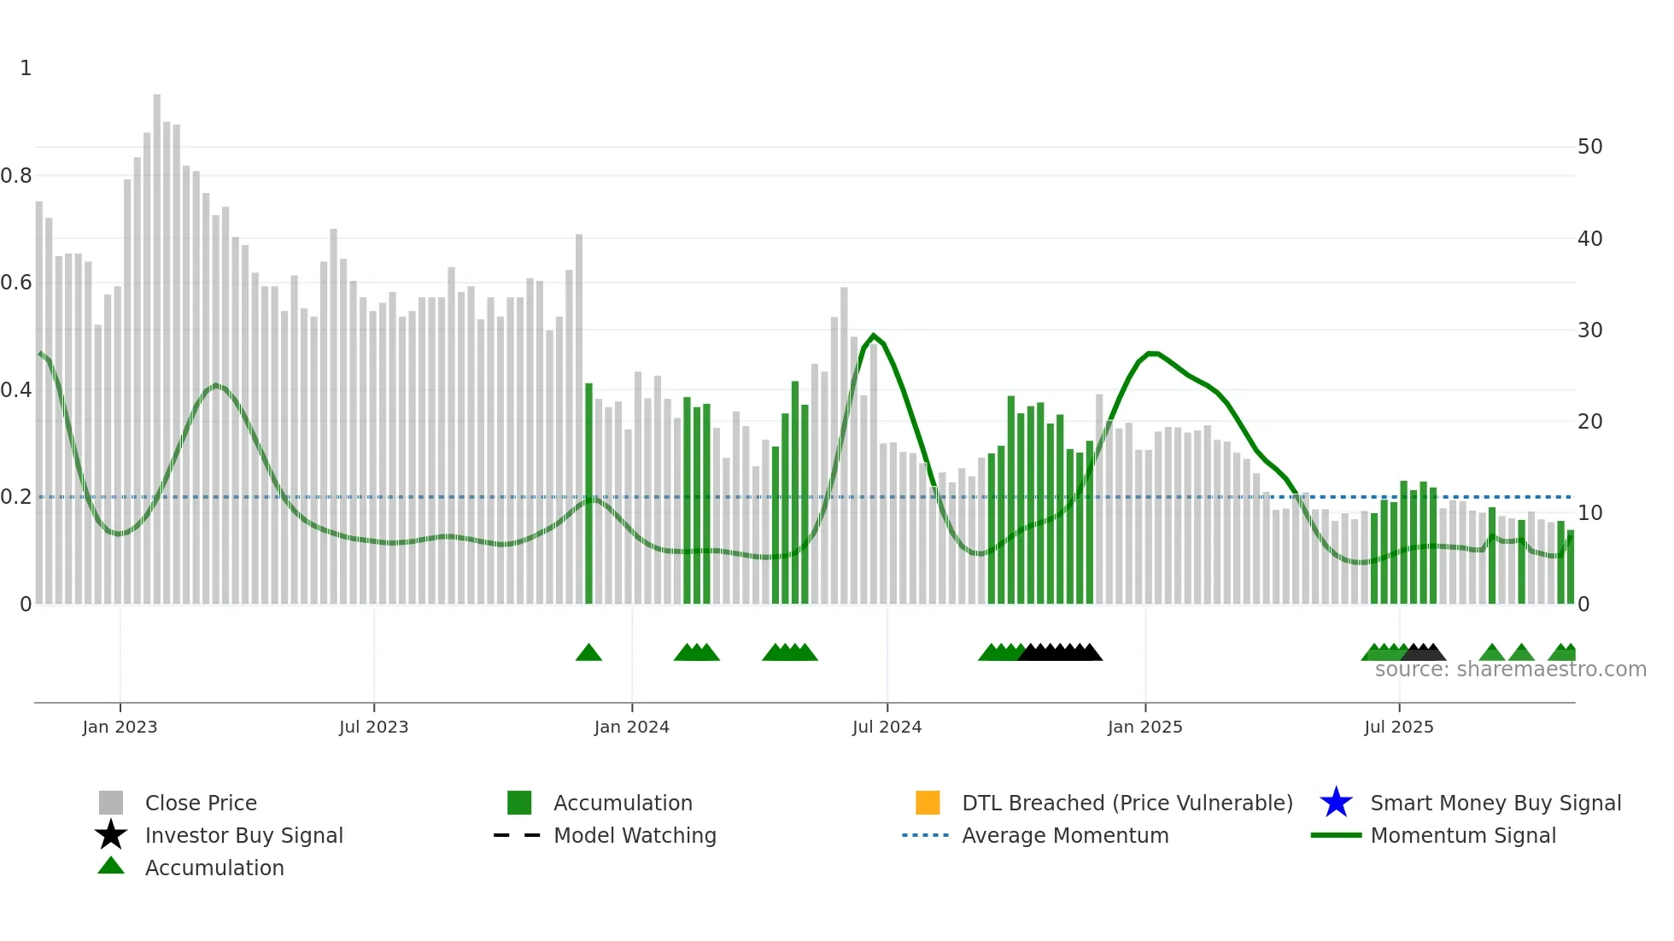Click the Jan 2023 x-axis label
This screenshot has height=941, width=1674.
120,727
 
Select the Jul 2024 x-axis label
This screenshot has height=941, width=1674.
887,727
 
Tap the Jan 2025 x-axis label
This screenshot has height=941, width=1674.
1144,727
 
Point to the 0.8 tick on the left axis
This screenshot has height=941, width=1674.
16,176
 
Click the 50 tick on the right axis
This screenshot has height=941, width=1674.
1589,147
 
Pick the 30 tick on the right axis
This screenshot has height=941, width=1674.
1589,330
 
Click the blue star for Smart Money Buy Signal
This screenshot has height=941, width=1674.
1336,803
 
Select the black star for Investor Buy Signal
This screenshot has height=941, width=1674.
111,835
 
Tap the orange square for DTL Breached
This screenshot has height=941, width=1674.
928,803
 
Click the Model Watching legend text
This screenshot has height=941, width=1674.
635,835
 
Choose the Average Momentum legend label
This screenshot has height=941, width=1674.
1065,835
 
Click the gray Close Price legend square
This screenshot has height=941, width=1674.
111,803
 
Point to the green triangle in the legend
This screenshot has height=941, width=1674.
111,866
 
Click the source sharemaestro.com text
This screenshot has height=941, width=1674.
1510,669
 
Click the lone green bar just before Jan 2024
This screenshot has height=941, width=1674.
588,495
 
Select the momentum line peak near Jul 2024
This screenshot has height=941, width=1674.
873,336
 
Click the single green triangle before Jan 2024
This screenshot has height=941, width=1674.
588,653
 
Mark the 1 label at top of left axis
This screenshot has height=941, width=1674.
26,68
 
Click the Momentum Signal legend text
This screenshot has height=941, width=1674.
1463,835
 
